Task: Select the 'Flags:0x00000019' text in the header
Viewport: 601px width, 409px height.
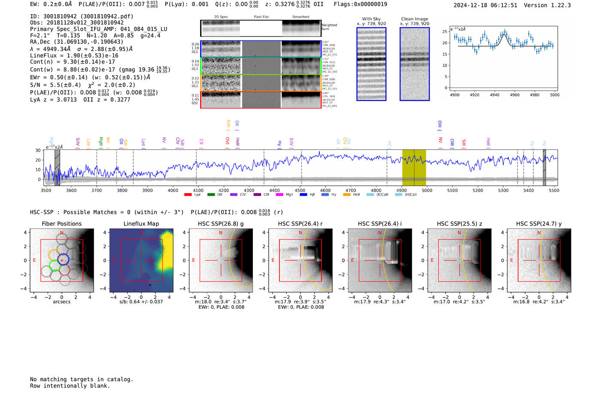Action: [x=360, y=4]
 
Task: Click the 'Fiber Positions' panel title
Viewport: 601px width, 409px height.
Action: [x=61, y=224]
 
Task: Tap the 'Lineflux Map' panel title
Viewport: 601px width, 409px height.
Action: [x=141, y=224]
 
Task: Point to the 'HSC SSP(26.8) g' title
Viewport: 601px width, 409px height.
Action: [x=221, y=224]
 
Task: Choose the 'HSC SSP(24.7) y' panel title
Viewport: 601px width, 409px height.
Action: [x=539, y=224]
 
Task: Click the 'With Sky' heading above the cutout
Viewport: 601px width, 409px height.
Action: [x=371, y=19]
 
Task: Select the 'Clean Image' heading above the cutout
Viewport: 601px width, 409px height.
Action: [x=415, y=19]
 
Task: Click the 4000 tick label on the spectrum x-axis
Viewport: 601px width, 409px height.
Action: [x=173, y=191]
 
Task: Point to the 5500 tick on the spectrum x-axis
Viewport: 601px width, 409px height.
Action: [x=554, y=191]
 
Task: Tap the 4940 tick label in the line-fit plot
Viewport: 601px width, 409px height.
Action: [x=495, y=95]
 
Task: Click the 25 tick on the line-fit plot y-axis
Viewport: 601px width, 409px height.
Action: [x=445, y=32]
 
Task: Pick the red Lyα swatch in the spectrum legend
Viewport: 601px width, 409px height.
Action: [x=188, y=195]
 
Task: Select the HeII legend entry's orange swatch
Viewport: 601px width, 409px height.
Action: [x=347, y=195]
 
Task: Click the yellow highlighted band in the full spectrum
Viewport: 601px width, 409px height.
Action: [x=414, y=167]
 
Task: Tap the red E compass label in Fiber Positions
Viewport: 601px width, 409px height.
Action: [x=34, y=261]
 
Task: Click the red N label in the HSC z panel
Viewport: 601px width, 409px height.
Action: [x=459, y=233]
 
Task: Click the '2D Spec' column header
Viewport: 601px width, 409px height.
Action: [x=221, y=17]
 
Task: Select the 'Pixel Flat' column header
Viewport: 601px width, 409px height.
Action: [x=261, y=17]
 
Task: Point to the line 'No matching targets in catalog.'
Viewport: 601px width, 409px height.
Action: [x=82, y=379]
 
